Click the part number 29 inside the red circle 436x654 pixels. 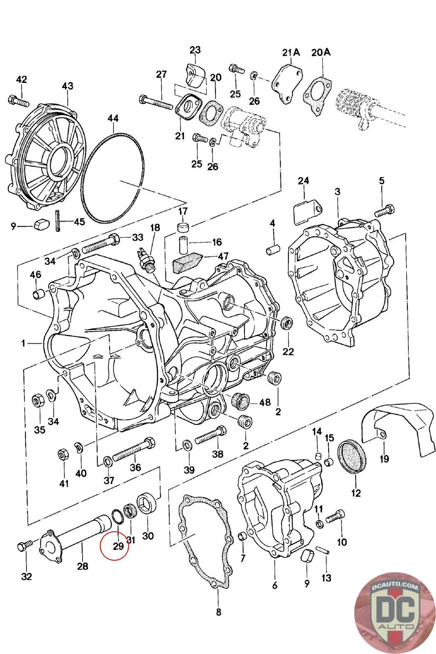118,546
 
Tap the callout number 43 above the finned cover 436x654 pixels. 67,86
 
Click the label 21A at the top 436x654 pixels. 291,52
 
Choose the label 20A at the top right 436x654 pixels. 321,52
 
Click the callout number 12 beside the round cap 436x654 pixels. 356,493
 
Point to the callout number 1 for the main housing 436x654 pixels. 24,344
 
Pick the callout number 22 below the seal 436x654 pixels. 288,352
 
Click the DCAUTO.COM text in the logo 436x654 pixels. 394,587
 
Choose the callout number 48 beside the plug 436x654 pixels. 265,402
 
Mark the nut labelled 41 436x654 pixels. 63,454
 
